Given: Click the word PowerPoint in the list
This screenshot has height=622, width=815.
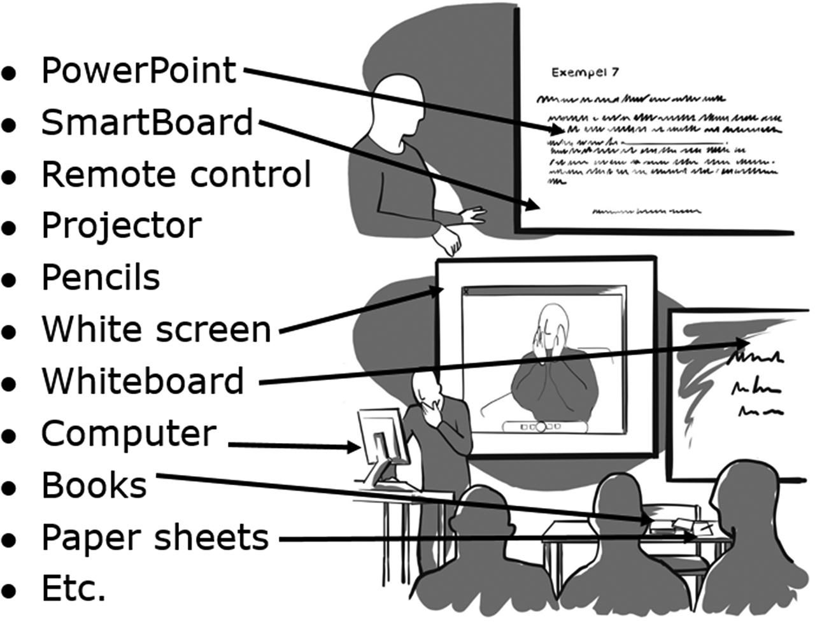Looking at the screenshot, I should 138,70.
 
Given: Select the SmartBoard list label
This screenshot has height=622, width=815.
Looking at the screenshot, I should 147,122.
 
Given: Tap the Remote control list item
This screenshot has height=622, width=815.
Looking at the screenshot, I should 176,174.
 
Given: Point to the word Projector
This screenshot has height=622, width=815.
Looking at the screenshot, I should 122,225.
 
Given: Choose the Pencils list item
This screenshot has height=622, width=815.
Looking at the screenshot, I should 101,278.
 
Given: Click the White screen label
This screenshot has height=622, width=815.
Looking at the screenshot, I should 157,329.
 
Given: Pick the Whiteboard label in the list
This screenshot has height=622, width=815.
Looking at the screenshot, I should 143,381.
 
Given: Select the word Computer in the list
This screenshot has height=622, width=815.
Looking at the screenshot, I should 129,433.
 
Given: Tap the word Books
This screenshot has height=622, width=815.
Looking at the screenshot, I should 94,485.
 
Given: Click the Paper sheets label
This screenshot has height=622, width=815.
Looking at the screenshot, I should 155,537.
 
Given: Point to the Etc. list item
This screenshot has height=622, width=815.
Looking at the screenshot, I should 73,588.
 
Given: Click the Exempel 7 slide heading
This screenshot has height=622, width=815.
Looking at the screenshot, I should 585,73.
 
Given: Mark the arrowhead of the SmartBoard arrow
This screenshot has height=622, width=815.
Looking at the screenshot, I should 534,205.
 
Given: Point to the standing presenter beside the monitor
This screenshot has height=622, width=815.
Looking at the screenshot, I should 439,433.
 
